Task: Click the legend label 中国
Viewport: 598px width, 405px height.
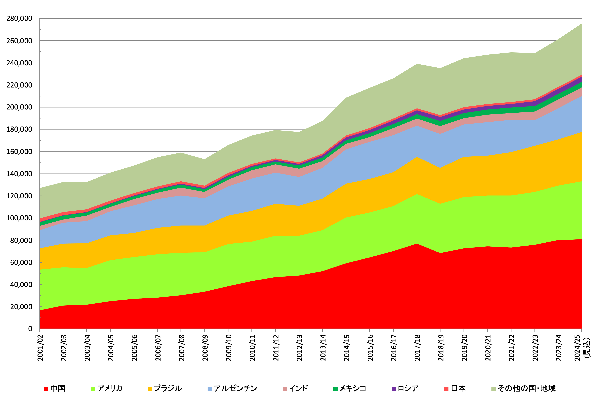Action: click(58, 388)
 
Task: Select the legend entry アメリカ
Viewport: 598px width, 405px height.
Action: click(110, 388)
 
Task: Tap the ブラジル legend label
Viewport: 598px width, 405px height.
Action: click(168, 388)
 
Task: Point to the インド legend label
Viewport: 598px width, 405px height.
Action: click(299, 388)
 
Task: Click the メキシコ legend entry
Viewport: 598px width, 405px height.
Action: click(352, 388)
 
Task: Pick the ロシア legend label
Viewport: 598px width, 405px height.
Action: click(408, 388)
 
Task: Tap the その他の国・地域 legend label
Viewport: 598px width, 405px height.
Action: click(527, 388)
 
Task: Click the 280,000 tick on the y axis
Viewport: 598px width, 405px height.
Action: click(19, 19)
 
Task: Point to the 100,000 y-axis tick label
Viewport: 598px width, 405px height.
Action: click(19, 218)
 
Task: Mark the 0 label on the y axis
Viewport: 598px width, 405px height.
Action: click(30, 329)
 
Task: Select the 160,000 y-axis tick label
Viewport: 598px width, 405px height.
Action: click(19, 152)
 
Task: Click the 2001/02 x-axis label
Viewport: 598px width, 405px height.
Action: click(40, 348)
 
